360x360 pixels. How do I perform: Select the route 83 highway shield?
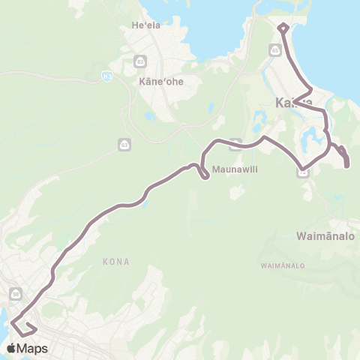click(x=140, y=60)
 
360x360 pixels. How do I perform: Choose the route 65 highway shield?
click(x=276, y=50)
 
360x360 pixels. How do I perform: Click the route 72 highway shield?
click(x=303, y=172)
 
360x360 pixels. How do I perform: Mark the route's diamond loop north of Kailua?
click(x=283, y=28)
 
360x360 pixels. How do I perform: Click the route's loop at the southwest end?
click(x=25, y=328)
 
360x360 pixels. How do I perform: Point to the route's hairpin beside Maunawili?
click(x=204, y=174)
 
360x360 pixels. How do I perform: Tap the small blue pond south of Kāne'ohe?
click(x=151, y=116)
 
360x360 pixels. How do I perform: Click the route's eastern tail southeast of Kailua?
click(x=344, y=157)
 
